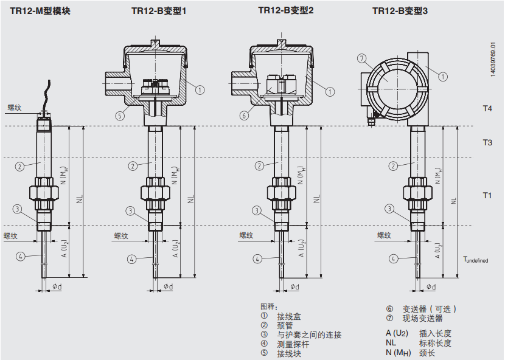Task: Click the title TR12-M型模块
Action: coord(40,10)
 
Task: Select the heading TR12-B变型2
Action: coord(286,10)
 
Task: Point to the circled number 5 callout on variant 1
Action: coord(120,116)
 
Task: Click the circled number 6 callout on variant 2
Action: coord(244,116)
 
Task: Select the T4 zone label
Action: coord(487,108)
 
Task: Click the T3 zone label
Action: coord(487,142)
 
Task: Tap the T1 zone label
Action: coord(487,195)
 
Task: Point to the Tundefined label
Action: coord(475,260)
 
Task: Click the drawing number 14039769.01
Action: coord(493,61)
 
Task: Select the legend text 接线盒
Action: coord(289,316)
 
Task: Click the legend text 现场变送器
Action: coord(422,318)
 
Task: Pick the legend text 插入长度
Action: coord(435,333)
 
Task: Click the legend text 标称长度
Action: coord(435,343)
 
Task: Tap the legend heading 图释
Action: coord(268,306)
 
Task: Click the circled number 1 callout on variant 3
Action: coord(443,77)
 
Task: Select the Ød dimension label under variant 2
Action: coord(294,286)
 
